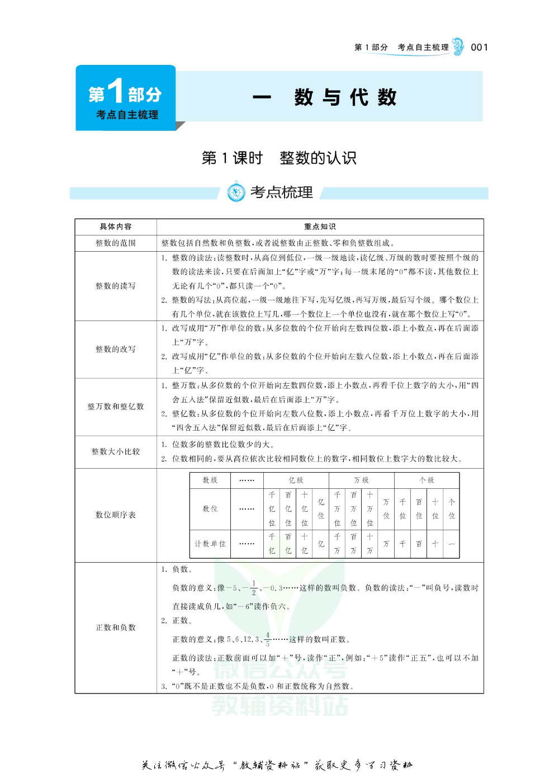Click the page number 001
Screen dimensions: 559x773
coord(479,48)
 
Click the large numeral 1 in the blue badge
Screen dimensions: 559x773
coord(115,91)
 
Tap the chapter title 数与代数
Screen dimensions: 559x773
coord(345,97)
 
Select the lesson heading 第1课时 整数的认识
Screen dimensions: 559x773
coord(279,158)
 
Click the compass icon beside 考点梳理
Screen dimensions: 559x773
coord(236,192)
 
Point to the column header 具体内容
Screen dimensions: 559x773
coord(116,227)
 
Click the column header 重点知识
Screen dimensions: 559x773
coord(320,227)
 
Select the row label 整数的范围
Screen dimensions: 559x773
coord(116,243)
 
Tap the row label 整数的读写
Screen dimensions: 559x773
coord(116,286)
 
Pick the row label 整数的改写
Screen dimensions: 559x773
coord(116,349)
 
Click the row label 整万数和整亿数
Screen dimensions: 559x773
coord(116,407)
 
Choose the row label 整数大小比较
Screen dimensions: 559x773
coord(116,451)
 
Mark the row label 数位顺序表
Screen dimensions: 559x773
coord(116,515)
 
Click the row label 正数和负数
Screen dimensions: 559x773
coord(116,628)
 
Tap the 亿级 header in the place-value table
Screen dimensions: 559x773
coord(296,480)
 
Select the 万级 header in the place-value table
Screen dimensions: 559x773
coord(361,480)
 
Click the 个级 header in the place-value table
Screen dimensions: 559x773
coord(427,480)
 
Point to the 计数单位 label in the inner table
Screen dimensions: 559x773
coord(210,544)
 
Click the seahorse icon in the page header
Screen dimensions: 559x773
coord(458,47)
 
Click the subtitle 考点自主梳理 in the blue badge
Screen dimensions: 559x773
coord(127,115)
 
